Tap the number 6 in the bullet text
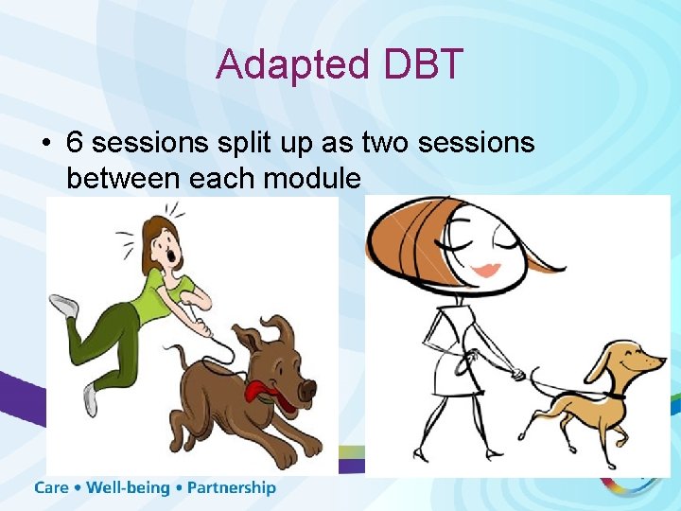point(75,143)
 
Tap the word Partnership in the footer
point(232,488)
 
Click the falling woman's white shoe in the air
point(64,306)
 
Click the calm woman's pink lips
point(486,270)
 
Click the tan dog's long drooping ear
point(599,362)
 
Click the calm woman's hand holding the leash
point(516,375)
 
